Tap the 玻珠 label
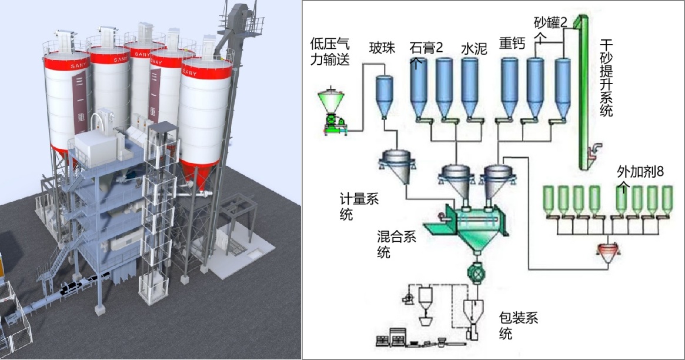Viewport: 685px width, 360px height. pos(383,47)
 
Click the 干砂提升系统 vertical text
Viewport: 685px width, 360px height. pos(607,77)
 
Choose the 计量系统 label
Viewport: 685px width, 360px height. pos(359,206)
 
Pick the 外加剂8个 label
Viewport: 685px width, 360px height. pos(639,176)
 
